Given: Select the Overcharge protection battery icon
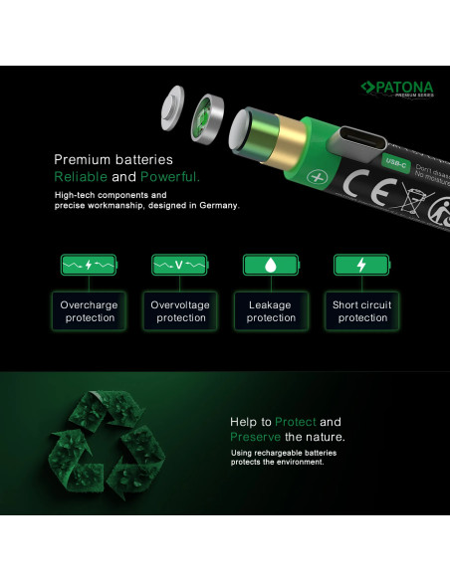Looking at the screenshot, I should (x=89, y=266).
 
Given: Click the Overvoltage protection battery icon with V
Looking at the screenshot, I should (x=179, y=266).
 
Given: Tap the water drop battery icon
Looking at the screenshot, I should (x=270, y=266).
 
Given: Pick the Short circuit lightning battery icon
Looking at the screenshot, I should (x=360, y=266).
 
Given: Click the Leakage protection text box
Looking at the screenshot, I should (x=271, y=311).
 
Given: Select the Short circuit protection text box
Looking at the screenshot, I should (x=362, y=311).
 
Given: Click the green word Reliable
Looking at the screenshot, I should (x=80, y=176).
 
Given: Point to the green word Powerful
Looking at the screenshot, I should (x=169, y=176).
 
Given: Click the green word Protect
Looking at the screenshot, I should (x=296, y=422).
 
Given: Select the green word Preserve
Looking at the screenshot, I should (x=256, y=437).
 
